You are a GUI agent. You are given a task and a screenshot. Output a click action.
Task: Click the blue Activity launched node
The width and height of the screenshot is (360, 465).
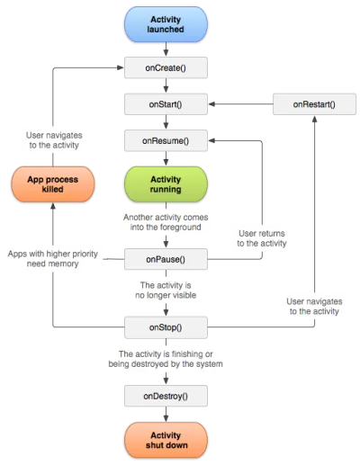(166, 23)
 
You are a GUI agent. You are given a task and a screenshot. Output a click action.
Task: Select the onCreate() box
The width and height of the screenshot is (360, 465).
(166, 67)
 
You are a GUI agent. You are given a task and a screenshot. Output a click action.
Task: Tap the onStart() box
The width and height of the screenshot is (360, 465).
(166, 104)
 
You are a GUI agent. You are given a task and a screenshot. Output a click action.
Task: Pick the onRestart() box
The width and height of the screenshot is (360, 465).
(313, 104)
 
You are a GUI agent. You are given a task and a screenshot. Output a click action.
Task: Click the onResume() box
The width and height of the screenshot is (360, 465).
(166, 141)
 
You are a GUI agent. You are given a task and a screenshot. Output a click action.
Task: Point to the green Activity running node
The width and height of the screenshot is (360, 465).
(166, 183)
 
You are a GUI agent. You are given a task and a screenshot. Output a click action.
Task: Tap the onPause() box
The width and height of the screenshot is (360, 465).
(166, 260)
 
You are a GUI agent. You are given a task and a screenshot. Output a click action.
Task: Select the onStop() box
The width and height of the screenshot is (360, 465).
(166, 327)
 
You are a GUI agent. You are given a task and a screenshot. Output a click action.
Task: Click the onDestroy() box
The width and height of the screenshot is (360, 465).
(166, 395)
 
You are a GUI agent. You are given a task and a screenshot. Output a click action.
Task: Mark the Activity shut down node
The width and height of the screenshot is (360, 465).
(166, 440)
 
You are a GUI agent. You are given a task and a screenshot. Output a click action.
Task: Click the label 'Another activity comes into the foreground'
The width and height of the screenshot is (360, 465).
(166, 222)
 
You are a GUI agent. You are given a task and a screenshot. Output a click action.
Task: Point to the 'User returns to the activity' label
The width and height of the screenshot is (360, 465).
(262, 237)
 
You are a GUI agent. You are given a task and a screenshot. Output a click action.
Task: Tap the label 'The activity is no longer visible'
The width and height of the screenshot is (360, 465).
(166, 291)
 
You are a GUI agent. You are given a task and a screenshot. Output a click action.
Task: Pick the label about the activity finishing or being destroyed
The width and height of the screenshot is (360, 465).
(166, 359)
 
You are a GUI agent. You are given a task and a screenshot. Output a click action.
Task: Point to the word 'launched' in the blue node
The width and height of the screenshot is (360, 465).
(166, 30)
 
